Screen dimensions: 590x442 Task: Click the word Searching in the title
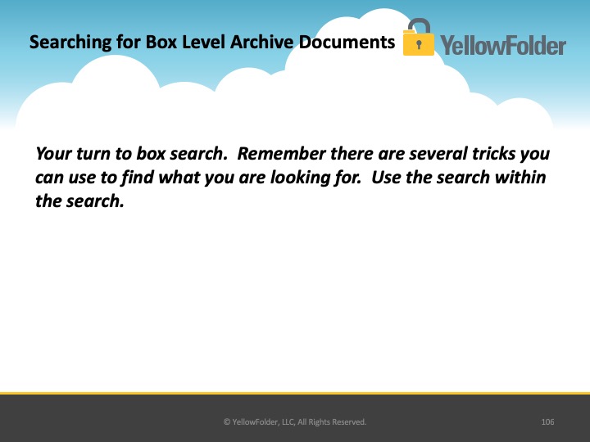click(x=70, y=43)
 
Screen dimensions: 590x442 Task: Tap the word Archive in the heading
click(x=261, y=42)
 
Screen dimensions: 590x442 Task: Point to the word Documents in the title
click(x=347, y=42)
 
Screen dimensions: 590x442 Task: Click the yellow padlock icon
click(x=419, y=37)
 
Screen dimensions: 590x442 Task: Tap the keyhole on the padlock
click(x=419, y=45)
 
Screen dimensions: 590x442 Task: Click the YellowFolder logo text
click(x=503, y=46)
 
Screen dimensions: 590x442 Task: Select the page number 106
click(x=547, y=422)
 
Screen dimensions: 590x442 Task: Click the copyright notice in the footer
click(x=295, y=422)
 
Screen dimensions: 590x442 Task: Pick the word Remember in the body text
click(x=281, y=154)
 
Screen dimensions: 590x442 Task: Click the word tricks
click(x=493, y=154)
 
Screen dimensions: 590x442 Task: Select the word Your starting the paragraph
click(x=53, y=154)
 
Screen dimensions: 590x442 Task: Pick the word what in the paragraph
click(x=179, y=178)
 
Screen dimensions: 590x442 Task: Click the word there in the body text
click(x=352, y=154)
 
